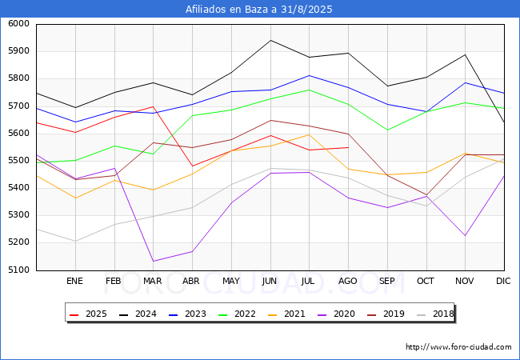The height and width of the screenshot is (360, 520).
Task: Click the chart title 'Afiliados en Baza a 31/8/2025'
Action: pyautogui.click(x=259, y=10)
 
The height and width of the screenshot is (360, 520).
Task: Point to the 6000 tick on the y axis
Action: pyautogui.click(x=18, y=24)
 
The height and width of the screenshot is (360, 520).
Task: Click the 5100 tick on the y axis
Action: pyautogui.click(x=18, y=270)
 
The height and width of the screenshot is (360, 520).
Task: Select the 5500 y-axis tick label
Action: pyautogui.click(x=18, y=161)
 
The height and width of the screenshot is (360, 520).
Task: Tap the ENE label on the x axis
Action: pyautogui.click(x=74, y=281)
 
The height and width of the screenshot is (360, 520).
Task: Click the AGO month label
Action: pyautogui.click(x=348, y=281)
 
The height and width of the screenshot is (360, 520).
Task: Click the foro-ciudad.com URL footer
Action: pyautogui.click(x=458, y=347)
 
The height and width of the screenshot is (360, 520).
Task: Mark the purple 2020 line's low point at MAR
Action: pyautogui.click(x=153, y=261)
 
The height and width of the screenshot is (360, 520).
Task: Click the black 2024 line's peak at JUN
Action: pyautogui.click(x=270, y=40)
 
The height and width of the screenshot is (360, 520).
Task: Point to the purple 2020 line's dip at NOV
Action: pyautogui.click(x=465, y=235)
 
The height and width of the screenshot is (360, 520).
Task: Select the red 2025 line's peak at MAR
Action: pyautogui.click(x=153, y=106)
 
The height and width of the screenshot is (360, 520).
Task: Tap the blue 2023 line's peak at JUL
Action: pyautogui.click(x=309, y=75)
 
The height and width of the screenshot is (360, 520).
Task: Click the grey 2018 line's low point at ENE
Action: pyautogui.click(x=74, y=241)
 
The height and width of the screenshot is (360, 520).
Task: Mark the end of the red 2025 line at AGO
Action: pyautogui.click(x=348, y=147)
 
